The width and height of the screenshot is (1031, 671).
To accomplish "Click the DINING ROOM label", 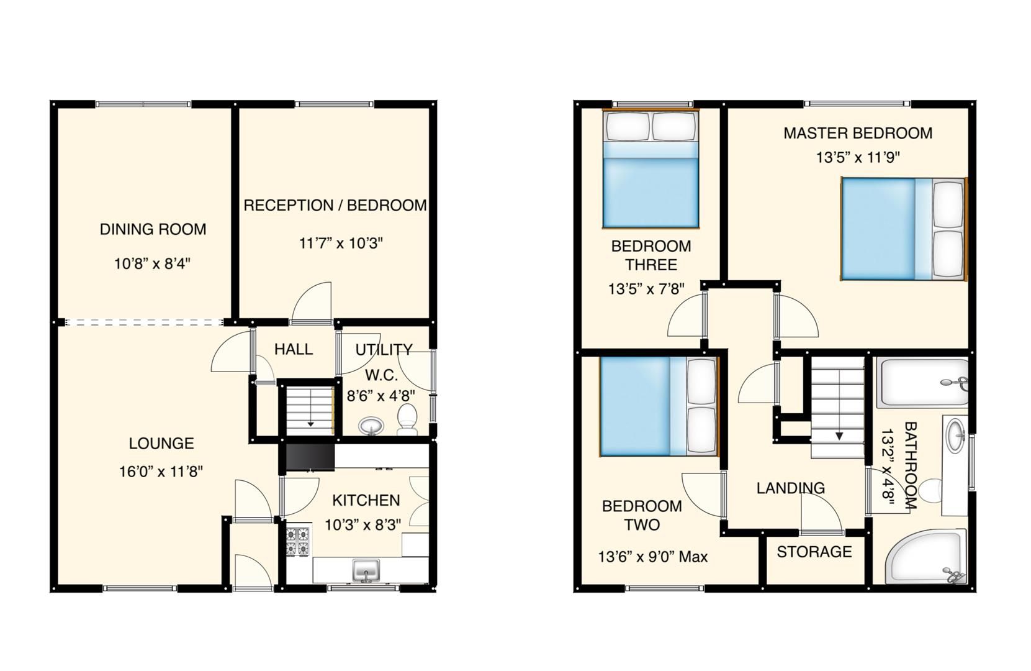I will [153, 229].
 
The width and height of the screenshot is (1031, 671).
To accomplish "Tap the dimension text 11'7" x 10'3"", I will [341, 243].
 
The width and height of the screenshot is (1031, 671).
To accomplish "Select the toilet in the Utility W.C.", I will [407, 419].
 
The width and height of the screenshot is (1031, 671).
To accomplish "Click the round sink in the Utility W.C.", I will [371, 426].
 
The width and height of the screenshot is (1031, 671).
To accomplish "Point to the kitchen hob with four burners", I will [297, 541].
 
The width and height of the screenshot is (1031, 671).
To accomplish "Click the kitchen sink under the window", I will [366, 570].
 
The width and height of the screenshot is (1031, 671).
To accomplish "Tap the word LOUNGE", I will [161, 444].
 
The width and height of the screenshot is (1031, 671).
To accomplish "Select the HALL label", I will [294, 349].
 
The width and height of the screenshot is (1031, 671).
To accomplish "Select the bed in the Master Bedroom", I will [903, 229].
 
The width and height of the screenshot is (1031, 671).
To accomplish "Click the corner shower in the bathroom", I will [925, 557].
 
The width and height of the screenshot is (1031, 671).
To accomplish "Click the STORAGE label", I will [814, 552].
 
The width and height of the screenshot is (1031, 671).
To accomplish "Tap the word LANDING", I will [790, 488].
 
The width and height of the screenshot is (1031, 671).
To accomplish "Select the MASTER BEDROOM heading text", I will [857, 133].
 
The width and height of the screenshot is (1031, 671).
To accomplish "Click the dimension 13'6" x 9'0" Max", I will [652, 557].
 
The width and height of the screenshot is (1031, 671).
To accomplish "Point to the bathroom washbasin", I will [955, 434].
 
